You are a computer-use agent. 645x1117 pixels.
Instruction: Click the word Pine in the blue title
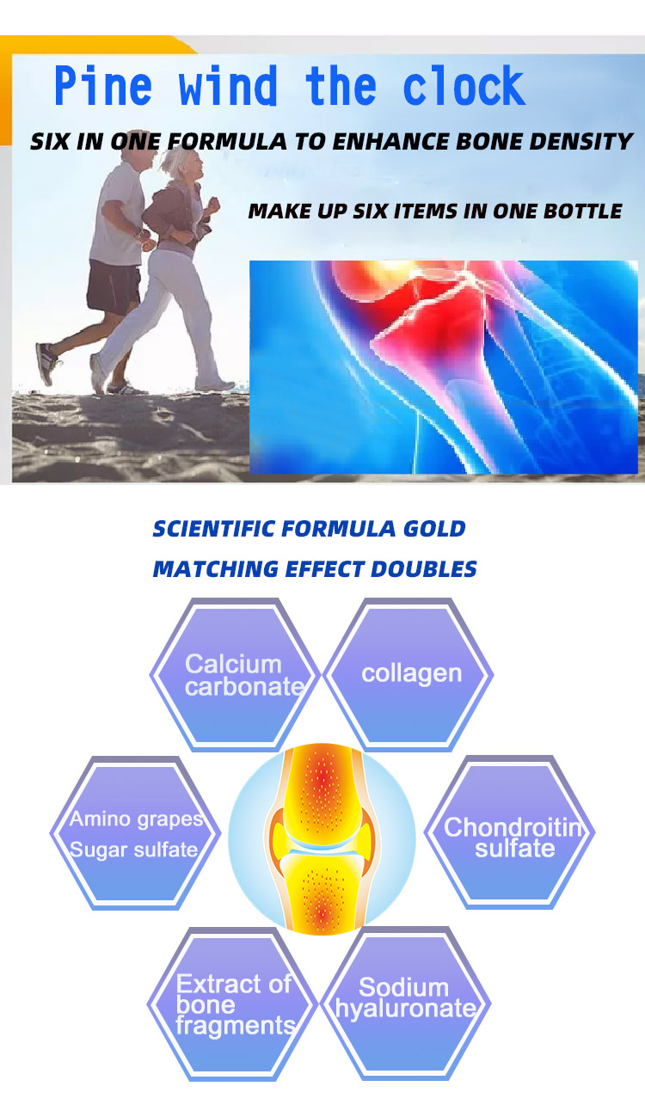pos(102,85)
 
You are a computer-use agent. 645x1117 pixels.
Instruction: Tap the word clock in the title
pos(464,85)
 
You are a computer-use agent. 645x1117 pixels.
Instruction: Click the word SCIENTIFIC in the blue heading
pos(214,529)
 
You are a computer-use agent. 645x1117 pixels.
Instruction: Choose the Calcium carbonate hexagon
pos(235,675)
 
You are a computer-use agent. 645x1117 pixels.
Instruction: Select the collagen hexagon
pos(409,675)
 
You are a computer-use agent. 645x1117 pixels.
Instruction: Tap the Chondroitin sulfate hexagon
pos(509,832)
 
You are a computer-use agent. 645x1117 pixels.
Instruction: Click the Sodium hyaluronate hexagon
pos(406,1003)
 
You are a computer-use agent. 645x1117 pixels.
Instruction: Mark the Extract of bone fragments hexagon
pos(232,1003)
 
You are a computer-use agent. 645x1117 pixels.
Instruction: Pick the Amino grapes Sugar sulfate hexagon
pos(135,832)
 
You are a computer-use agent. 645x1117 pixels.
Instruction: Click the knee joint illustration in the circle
pos(322,839)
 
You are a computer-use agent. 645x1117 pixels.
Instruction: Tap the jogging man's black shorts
pos(114,286)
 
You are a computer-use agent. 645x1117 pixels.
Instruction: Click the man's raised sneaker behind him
pos(46,363)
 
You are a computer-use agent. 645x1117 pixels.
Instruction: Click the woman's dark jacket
pos(175,214)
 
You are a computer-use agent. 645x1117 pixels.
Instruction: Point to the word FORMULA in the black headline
pos(227,141)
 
